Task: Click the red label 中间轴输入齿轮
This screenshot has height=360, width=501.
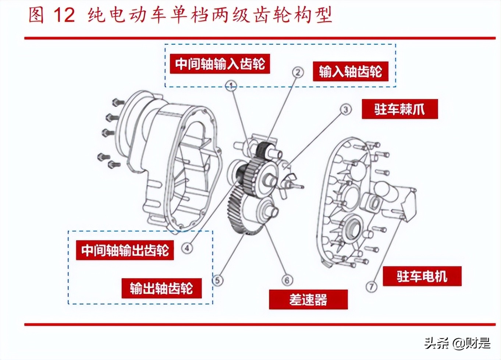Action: coord(220,64)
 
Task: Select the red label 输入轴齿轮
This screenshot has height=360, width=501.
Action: coord(350,71)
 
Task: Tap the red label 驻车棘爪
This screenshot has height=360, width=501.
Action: coord(399,109)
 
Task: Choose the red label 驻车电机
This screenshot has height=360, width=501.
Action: coord(422,276)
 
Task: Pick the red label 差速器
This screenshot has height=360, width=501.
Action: coord(308,300)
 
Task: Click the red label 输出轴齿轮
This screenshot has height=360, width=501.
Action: coord(161,288)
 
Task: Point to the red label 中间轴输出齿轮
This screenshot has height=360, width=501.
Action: coord(125,251)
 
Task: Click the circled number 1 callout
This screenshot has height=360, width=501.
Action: coord(231,86)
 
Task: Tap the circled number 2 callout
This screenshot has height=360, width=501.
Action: coord(298,72)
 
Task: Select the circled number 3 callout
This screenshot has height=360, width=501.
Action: coord(345,110)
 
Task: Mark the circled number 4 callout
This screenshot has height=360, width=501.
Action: coord(187,248)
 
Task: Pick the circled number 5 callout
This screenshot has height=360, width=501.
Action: coord(218,280)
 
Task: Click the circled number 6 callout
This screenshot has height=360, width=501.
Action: coord(287,280)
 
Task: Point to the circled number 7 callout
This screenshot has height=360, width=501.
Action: coord(372,286)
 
